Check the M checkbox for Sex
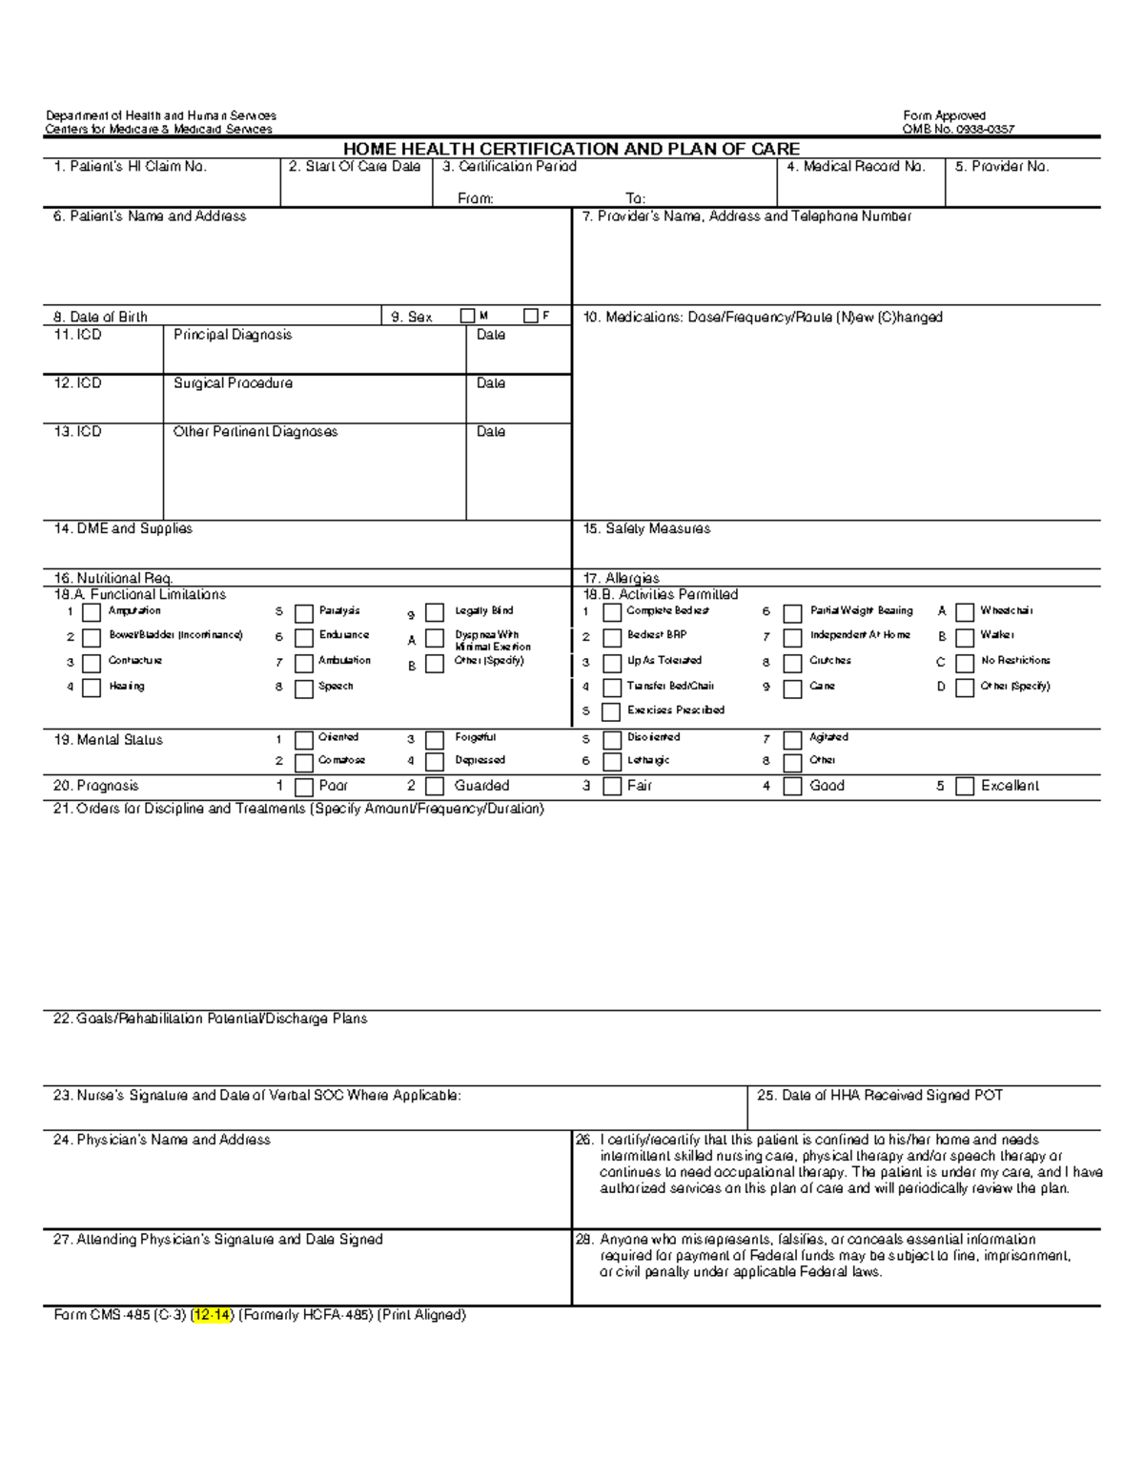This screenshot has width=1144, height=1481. [467, 316]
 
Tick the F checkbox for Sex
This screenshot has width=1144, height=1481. [531, 316]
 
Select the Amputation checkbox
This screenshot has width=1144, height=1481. [92, 612]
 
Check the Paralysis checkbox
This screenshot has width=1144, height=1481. [304, 612]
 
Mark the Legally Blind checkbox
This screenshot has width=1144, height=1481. [435, 612]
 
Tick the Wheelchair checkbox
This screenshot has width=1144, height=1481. [965, 612]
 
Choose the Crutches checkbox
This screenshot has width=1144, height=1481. [792, 663]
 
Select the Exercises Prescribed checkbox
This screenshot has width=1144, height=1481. [612, 712]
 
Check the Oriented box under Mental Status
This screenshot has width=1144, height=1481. [304, 740]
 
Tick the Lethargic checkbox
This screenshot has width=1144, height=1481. [612, 762]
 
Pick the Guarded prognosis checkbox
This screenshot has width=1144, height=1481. [435, 787]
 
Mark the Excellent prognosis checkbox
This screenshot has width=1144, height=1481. [965, 787]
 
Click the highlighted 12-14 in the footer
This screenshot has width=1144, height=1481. [212, 1315]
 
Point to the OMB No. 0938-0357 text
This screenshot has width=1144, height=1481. [958, 130]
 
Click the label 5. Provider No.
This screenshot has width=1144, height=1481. [1002, 167]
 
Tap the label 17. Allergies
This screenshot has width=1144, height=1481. [621, 578]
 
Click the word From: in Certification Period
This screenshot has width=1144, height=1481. [476, 198]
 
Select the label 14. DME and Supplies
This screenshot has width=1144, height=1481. [123, 528]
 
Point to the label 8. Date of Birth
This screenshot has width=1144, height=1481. [100, 317]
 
